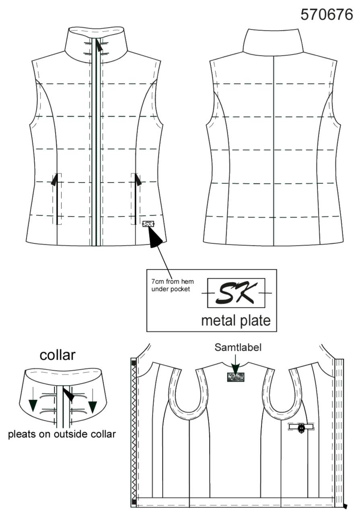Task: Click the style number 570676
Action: [x=326, y=14]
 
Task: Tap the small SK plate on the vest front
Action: [x=148, y=224]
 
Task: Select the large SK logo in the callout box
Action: [x=236, y=293]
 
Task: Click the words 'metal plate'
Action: [x=236, y=321]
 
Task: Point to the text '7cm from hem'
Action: [x=173, y=281]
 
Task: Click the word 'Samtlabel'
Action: [x=238, y=348]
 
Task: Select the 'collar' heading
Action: [x=58, y=355]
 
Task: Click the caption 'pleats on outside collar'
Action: [x=62, y=434]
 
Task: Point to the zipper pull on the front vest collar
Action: [x=99, y=45]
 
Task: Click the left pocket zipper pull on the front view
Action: [x=55, y=180]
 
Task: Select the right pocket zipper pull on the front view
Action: [x=138, y=180]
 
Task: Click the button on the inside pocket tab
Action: [x=301, y=427]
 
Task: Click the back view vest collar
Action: [x=273, y=42]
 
